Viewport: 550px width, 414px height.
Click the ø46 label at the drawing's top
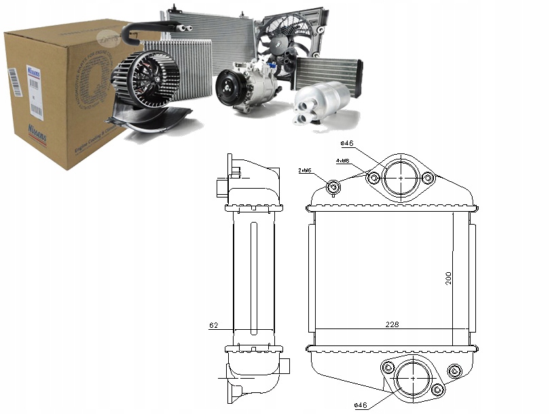pyautogui.click(x=348, y=143)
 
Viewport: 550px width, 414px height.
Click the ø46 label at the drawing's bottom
pyautogui.click(x=361, y=405)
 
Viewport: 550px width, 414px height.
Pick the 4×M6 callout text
pyautogui.click(x=343, y=161)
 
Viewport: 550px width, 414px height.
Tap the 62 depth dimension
pyautogui.click(x=213, y=326)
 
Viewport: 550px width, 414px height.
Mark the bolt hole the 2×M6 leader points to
pyautogui.click(x=334, y=187)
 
